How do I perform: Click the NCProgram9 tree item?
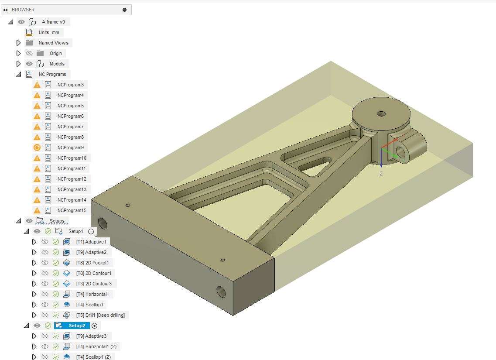pos(71,147)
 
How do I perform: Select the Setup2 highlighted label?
pos(77,326)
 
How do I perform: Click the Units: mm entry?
pos(49,32)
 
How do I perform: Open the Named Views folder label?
pos(54,43)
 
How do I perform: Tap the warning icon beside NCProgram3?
pos(37,85)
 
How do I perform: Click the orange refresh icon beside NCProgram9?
pos(37,147)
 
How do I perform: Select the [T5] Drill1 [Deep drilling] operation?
pos(101,315)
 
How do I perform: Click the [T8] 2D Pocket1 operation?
pos(92,263)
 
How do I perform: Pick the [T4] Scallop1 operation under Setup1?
pos(90,305)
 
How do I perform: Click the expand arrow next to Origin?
pos(18,53)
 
